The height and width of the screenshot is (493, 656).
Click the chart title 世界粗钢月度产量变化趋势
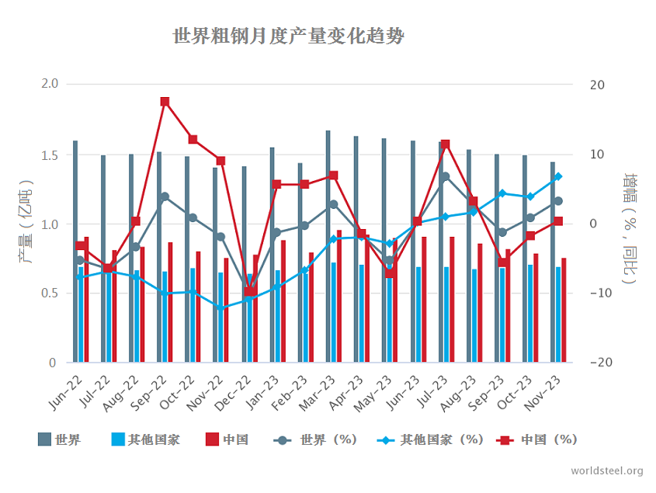[288, 37]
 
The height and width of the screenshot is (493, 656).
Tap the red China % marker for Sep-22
[165, 102]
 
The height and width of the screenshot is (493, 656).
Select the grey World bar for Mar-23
[328, 246]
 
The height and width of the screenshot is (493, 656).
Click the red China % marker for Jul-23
[445, 144]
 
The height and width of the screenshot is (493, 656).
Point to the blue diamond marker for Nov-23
[557, 177]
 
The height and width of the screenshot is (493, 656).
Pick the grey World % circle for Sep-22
[165, 196]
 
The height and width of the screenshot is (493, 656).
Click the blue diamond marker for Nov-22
[220, 308]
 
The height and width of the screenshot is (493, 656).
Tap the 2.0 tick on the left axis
[49, 84]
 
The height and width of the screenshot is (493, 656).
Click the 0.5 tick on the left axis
[49, 293]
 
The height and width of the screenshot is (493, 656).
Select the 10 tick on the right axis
[598, 154]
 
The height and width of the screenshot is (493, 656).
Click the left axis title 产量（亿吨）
[26, 224]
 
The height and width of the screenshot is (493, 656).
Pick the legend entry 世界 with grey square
[59, 439]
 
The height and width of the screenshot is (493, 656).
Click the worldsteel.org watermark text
[606, 471]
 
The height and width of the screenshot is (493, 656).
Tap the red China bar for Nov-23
[564, 310]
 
